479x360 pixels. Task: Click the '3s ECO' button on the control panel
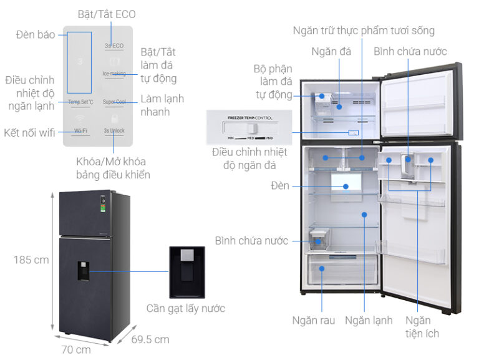pyautogui.click(x=114, y=46)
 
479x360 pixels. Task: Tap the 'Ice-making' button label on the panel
pyautogui.click(x=114, y=74)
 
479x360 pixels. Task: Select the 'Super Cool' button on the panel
pyautogui.click(x=114, y=101)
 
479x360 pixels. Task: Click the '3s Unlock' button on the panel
pyautogui.click(x=114, y=130)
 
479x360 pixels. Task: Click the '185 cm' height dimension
pyautogui.click(x=31, y=260)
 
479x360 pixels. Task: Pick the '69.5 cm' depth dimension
pyautogui.click(x=150, y=339)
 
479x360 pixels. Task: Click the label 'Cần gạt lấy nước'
pyautogui.click(x=185, y=308)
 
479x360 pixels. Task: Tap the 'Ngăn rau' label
pyautogui.click(x=313, y=320)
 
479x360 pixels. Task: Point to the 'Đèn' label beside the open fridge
pyautogui.click(x=280, y=186)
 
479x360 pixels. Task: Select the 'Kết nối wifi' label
pyautogui.click(x=29, y=132)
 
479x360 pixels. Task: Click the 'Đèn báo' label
pyautogui.click(x=35, y=34)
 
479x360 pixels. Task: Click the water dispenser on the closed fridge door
pyautogui.click(x=84, y=270)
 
